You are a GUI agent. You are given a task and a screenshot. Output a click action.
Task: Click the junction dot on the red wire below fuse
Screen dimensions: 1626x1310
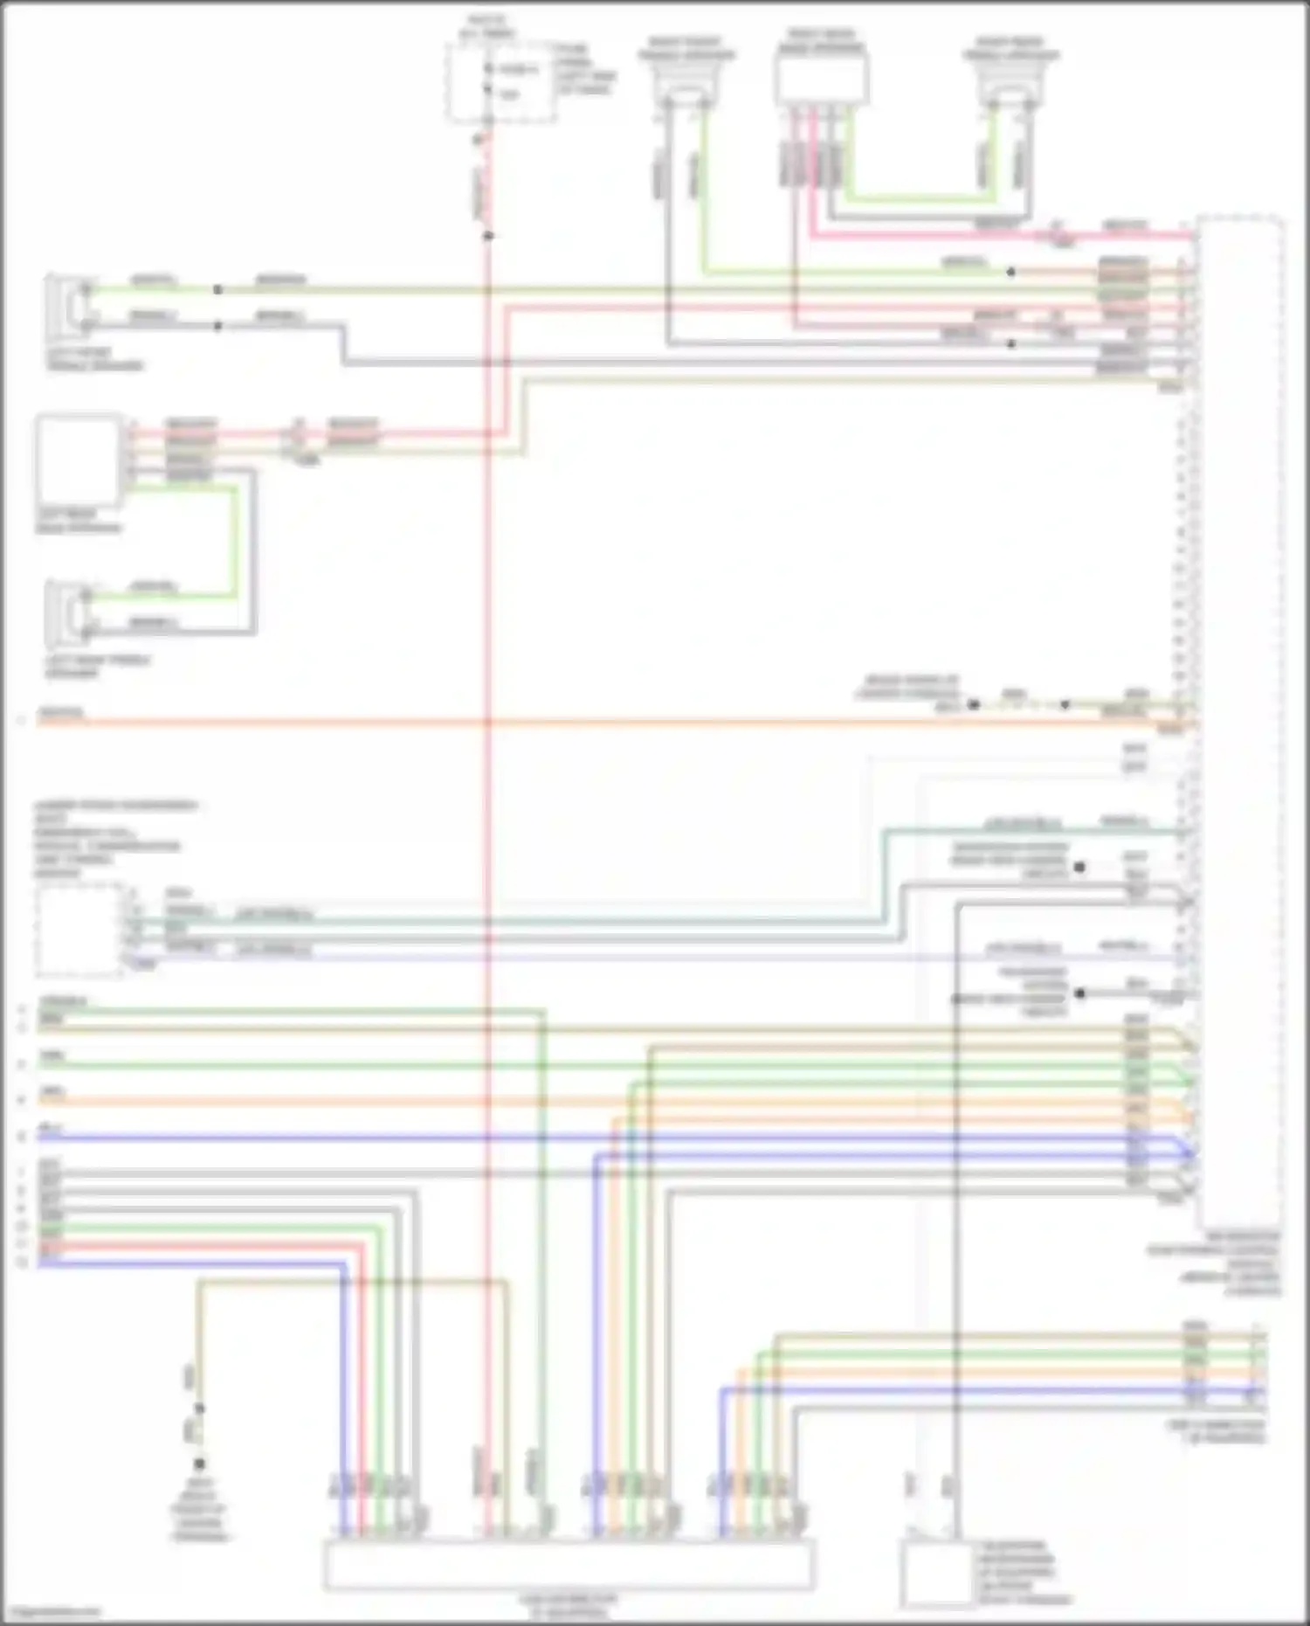488,236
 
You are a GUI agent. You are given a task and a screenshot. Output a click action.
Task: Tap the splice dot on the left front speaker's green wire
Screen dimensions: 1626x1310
217,289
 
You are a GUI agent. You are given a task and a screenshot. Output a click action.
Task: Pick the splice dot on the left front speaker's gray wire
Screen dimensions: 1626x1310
217,327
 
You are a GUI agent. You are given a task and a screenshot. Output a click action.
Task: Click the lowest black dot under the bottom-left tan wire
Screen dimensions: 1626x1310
199,1463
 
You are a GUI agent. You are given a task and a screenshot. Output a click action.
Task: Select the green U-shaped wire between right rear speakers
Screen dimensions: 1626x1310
917,199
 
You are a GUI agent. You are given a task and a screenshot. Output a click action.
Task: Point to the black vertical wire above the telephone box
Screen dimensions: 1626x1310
957,1223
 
